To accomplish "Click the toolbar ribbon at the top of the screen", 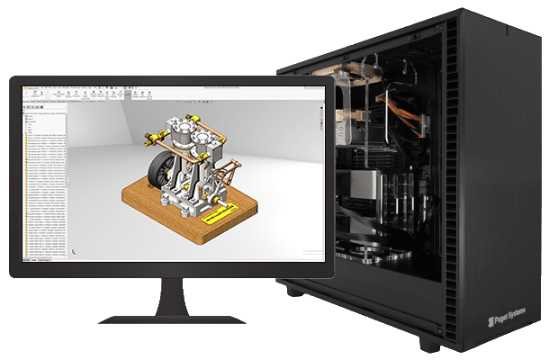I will click(x=162, y=93).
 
